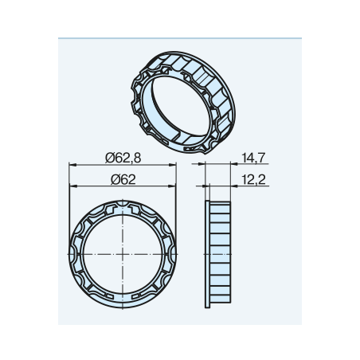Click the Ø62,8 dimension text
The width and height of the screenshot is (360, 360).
(123, 158)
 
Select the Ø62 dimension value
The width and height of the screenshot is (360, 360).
(123, 180)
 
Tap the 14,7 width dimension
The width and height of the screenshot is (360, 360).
(253, 158)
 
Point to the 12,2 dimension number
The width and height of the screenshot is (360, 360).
(253, 180)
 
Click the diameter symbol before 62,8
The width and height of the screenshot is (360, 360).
(110, 158)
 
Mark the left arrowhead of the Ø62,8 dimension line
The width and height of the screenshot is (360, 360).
(72, 165)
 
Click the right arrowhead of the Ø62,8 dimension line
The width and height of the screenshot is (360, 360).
(173, 165)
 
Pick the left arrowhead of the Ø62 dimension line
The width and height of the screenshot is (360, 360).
(73, 186)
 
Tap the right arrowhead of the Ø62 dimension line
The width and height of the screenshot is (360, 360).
(172, 186)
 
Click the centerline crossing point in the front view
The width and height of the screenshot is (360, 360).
(123, 254)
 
